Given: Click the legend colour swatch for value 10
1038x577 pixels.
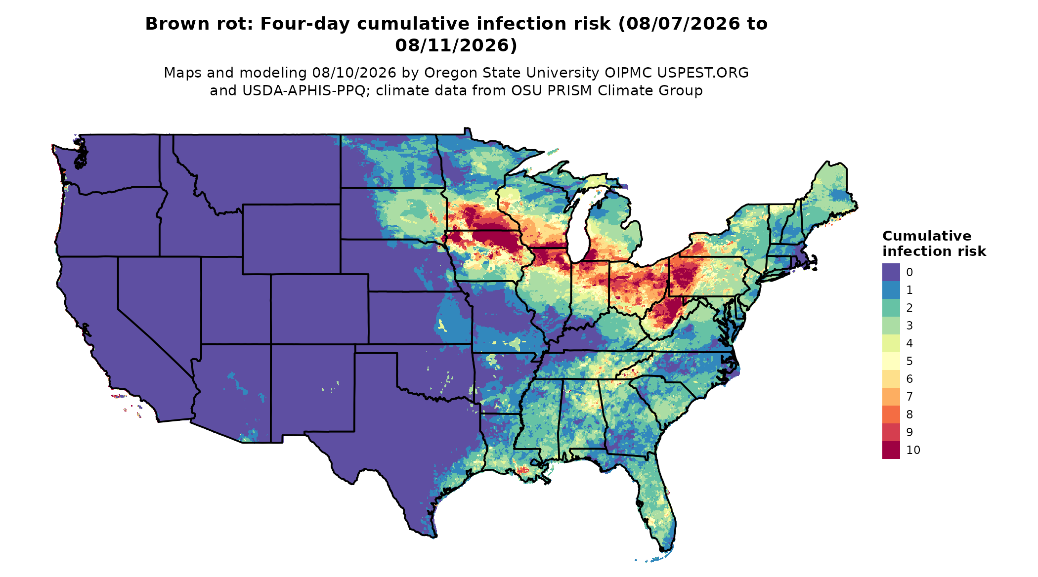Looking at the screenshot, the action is point(891,450).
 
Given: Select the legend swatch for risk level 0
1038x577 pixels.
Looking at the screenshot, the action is point(891,272).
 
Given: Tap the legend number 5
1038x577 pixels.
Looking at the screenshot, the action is point(909,361).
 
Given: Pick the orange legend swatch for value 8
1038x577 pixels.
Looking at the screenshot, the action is point(891,414).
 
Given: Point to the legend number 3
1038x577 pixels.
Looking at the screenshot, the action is point(909,326).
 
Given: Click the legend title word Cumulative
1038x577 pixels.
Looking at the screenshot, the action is point(927,236).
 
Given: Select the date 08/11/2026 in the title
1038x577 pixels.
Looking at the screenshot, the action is point(456,45).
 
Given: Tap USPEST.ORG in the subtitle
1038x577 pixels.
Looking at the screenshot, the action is point(702,73).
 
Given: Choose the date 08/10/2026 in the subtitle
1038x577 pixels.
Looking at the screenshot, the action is point(354,73).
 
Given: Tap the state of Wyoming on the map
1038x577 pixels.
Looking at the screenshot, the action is point(291,239).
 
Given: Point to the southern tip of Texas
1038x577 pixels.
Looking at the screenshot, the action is point(435,536).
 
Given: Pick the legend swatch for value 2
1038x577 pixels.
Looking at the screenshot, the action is point(891,308).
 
